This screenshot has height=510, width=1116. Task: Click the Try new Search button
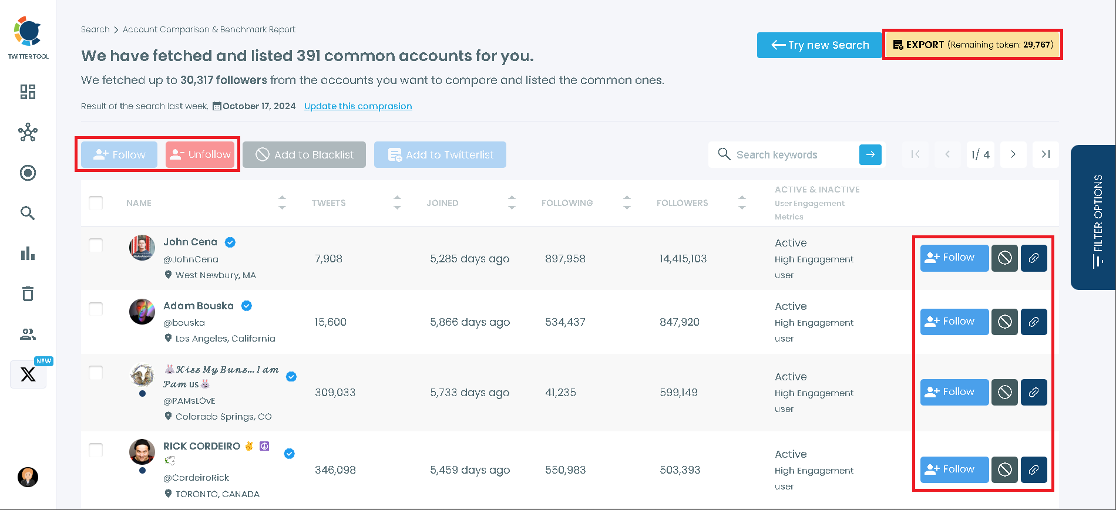click(x=819, y=45)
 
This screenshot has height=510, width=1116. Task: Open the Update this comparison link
click(x=358, y=106)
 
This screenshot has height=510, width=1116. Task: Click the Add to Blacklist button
click(x=304, y=155)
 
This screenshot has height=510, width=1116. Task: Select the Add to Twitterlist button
click(x=440, y=155)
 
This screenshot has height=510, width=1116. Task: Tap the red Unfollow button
click(x=200, y=155)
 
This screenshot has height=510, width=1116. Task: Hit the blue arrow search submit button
click(x=870, y=155)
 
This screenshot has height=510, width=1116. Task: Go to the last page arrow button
click(x=1046, y=155)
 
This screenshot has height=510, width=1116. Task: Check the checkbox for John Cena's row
click(x=96, y=245)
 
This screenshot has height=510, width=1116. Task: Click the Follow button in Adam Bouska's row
click(x=954, y=322)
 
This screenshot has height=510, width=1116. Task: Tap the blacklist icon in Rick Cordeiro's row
click(x=1004, y=470)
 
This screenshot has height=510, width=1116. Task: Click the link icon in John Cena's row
click(x=1034, y=258)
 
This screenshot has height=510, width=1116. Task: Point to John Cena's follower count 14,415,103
click(x=683, y=259)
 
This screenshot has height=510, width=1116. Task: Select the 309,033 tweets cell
click(x=335, y=393)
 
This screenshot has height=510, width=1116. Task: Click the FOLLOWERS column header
click(x=682, y=203)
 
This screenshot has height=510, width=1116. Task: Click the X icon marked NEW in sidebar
click(x=28, y=374)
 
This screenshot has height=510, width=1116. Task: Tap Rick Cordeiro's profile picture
click(x=142, y=452)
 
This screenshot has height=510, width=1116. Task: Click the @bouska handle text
click(x=184, y=323)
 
